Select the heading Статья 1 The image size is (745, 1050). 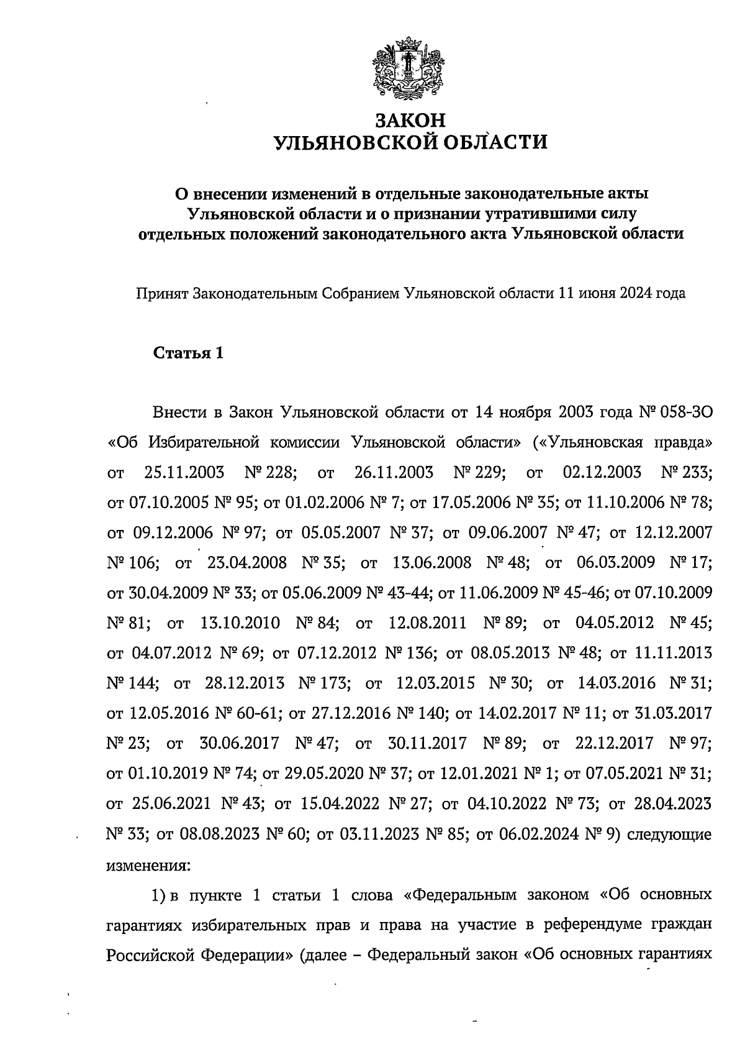[x=187, y=354]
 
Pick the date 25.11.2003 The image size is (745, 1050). [x=184, y=472]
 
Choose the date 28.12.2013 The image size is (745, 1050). [x=244, y=683]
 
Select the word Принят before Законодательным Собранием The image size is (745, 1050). [x=162, y=293]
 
